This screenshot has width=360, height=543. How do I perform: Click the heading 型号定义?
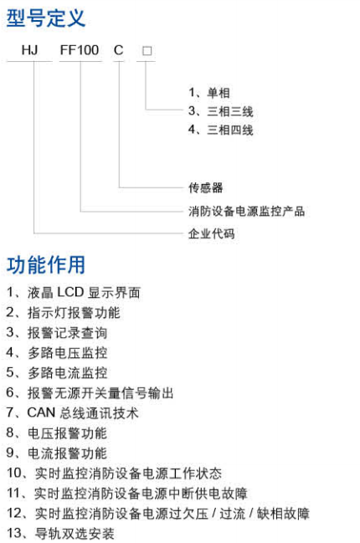click(x=46, y=18)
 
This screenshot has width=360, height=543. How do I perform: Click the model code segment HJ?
click(x=29, y=50)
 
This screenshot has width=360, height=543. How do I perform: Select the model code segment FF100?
click(x=80, y=50)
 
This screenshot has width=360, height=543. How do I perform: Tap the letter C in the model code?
click(x=119, y=50)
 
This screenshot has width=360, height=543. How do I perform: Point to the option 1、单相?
click(x=209, y=93)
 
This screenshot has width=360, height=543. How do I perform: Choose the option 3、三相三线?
click(x=221, y=111)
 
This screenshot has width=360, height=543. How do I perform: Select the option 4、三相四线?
click(x=221, y=130)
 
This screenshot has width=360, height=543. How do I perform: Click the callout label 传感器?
click(x=205, y=187)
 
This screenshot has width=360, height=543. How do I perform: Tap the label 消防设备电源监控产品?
click(x=246, y=211)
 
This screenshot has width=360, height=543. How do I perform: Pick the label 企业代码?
click(x=211, y=233)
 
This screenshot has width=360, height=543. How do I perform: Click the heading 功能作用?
click(x=46, y=265)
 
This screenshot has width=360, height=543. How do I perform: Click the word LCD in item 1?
click(x=70, y=292)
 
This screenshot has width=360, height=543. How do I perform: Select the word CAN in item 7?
click(x=41, y=412)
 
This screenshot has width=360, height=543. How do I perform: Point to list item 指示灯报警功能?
click(x=74, y=313)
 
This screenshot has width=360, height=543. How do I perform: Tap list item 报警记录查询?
click(x=67, y=333)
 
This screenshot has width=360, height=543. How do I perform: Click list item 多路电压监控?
click(x=67, y=353)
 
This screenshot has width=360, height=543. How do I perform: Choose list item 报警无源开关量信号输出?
click(x=100, y=393)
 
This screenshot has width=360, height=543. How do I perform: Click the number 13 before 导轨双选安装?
click(x=14, y=533)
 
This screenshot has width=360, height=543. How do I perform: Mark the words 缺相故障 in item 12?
click(x=283, y=513)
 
